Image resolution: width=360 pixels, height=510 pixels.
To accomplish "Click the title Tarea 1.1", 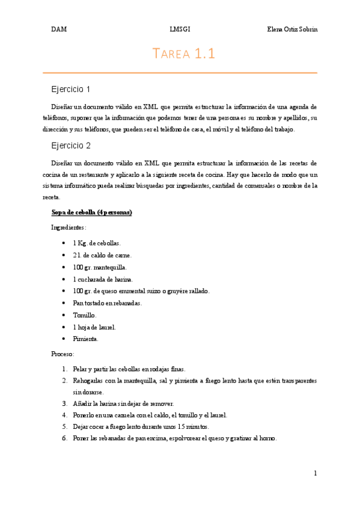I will click(x=184, y=54).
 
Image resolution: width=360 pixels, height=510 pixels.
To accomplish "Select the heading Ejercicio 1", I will click(x=70, y=89).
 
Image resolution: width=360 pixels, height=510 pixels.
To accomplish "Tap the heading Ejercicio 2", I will click(x=70, y=146).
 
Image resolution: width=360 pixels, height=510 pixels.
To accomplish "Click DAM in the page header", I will click(x=58, y=29).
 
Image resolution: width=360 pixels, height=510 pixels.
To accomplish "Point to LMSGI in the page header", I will click(x=180, y=29).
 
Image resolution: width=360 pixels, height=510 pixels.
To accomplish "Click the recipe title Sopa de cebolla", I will click(x=92, y=213).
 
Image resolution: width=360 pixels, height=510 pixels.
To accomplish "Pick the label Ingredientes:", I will click(x=69, y=227).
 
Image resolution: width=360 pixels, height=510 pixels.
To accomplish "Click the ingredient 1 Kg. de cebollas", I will click(x=97, y=243).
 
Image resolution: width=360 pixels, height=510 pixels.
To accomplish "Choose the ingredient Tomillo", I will click(x=85, y=315).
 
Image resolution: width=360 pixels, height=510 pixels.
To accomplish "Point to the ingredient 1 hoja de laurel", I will click(x=94, y=327).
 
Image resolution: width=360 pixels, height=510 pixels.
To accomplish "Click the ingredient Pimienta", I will click(x=87, y=339).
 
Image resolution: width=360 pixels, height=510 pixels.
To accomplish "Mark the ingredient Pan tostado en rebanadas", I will click(x=108, y=303).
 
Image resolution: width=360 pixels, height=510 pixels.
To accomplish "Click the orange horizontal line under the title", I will click(x=180, y=73).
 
